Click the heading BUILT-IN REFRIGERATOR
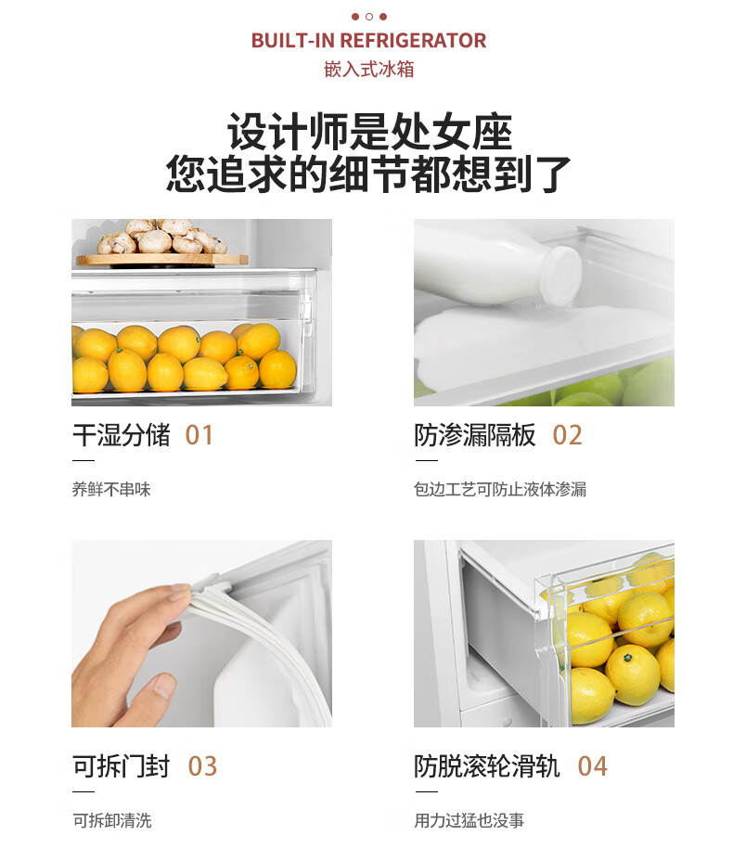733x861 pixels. (x=368, y=41)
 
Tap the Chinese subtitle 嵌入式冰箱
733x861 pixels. (x=369, y=70)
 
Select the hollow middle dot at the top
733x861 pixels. (x=369, y=17)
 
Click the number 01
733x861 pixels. (x=199, y=435)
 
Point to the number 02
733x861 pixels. (x=567, y=435)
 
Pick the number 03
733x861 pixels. (x=202, y=766)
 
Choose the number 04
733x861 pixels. (x=593, y=766)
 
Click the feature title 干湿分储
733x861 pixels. (x=122, y=435)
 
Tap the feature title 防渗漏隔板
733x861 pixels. (x=475, y=435)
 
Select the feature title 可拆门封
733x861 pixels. (x=122, y=766)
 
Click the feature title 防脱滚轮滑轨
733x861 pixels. (x=487, y=766)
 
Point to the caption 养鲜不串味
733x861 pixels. (x=111, y=489)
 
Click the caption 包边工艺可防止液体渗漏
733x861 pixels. (x=500, y=489)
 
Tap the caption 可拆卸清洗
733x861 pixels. (x=112, y=820)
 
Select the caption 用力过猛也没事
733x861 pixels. (x=469, y=820)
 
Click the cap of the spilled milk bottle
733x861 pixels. (x=561, y=276)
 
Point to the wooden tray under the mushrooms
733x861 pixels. (x=162, y=260)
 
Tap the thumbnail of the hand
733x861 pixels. (x=201, y=634)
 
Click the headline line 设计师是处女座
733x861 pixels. (x=369, y=132)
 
